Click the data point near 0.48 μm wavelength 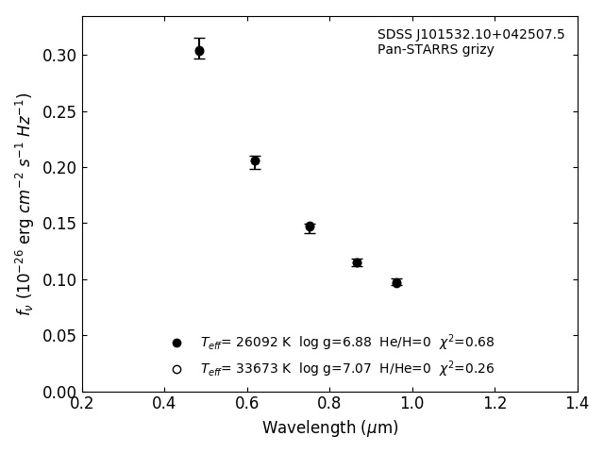[199, 51]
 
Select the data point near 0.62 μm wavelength [255, 161]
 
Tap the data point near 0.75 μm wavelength [310, 226]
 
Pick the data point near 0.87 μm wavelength [357, 262]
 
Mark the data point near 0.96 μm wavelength [396, 282]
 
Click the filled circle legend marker [176, 343]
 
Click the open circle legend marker [176, 369]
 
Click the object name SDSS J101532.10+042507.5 [471, 35]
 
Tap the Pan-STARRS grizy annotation [435, 50]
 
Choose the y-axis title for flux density [24, 203]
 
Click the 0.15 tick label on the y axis [59, 224]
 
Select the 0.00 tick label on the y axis [59, 392]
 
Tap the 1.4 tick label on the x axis [577, 404]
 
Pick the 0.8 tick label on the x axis [329, 404]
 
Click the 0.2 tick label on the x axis [82, 404]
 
